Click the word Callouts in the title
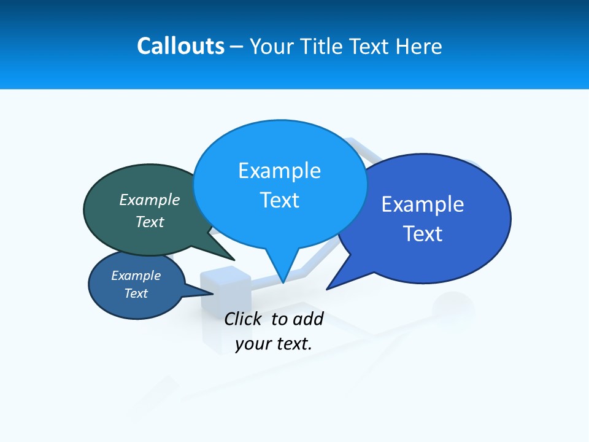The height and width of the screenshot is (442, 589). click(x=180, y=46)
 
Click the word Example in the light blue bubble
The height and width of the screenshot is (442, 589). click(x=279, y=171)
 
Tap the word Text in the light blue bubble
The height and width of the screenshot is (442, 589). click(x=279, y=200)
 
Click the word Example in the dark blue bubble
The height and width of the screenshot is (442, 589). click(x=423, y=204)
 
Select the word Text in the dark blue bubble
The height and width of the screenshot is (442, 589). click(x=423, y=234)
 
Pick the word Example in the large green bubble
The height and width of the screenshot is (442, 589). click(x=150, y=200)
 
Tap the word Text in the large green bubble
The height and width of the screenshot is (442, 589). click(x=150, y=222)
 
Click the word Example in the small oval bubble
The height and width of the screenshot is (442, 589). click(x=136, y=276)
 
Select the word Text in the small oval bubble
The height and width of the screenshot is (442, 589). click(x=136, y=293)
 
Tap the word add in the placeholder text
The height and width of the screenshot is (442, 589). click(x=308, y=319)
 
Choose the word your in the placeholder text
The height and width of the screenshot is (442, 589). click(x=253, y=344)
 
